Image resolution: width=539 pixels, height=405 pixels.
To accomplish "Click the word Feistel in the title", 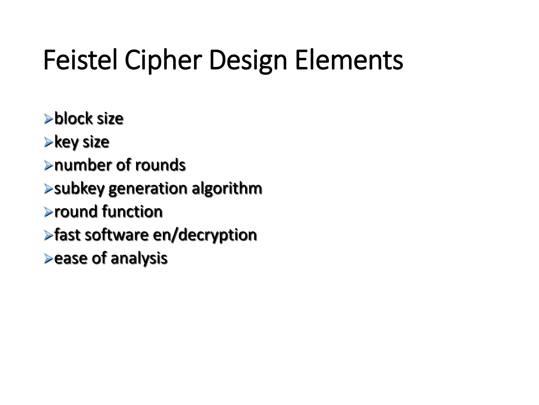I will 80,60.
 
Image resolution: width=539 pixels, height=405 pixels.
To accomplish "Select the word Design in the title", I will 248,60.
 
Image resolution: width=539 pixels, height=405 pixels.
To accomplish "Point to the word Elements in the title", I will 349,60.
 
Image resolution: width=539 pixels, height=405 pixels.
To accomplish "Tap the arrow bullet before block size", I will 48,119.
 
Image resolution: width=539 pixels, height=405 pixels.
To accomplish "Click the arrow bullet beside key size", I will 48,142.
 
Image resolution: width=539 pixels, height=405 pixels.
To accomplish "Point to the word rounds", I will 160,165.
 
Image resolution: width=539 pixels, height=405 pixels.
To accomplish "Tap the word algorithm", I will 227,188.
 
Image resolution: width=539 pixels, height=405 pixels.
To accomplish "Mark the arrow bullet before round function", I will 48,212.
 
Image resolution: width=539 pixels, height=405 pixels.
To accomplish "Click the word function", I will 132,211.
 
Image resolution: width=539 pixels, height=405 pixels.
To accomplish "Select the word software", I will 117,235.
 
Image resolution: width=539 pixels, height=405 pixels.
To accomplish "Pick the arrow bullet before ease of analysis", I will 48,258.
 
